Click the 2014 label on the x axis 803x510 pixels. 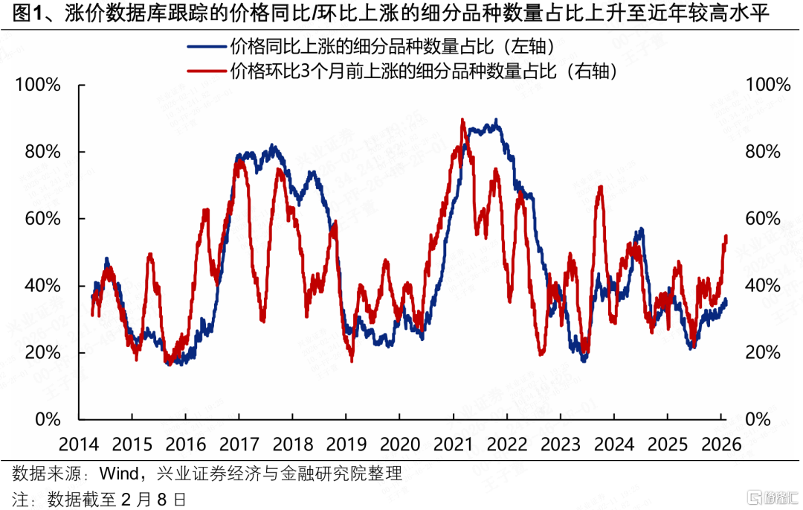click(x=79, y=444)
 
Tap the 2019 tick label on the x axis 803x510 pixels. click(x=346, y=444)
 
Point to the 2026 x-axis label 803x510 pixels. click(x=720, y=444)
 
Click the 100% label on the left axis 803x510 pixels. click(x=37, y=84)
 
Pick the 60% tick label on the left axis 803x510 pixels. click(x=42, y=218)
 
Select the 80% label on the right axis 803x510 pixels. click(x=762, y=151)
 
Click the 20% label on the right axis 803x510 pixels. click(x=762, y=352)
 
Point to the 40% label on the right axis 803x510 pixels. click(x=762, y=285)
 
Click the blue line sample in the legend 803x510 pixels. click(x=207, y=47)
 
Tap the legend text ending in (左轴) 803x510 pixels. click(x=393, y=47)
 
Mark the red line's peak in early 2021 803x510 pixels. click(x=462, y=120)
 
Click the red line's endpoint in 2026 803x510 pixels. click(x=726, y=236)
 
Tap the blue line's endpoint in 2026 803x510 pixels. click(x=726, y=300)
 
